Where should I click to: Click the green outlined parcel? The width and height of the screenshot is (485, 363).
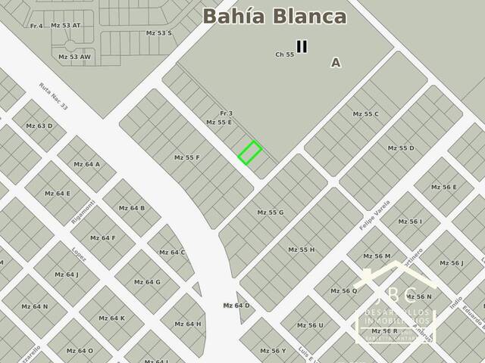[250, 152]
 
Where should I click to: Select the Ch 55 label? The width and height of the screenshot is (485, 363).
[284, 54]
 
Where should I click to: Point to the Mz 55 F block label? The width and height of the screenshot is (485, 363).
[186, 157]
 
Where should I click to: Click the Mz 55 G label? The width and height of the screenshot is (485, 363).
[270, 213]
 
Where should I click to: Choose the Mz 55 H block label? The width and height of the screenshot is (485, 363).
[301, 250]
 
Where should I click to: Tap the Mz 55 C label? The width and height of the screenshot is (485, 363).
[365, 114]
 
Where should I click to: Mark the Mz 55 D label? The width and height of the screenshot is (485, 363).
[401, 148]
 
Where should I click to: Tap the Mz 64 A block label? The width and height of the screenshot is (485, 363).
[87, 164]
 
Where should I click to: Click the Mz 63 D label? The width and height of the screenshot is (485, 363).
[39, 126]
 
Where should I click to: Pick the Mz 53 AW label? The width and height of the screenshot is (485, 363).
[74, 57]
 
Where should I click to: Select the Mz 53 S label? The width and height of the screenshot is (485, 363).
[159, 33]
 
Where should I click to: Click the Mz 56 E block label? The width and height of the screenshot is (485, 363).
[444, 187]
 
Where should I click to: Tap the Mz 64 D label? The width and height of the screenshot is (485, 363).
[236, 306]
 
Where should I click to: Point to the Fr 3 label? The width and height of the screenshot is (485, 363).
[226, 113]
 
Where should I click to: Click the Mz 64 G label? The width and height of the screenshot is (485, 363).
[147, 282]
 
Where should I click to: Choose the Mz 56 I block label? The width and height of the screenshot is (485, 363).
[409, 222]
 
